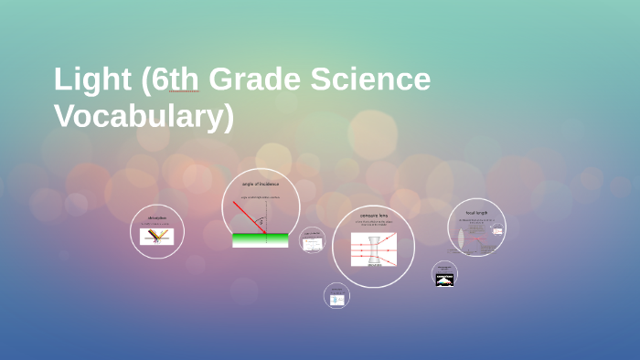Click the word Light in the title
click(x=92, y=80)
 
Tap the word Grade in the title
click(x=264, y=80)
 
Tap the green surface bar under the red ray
click(x=261, y=240)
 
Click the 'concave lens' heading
click(x=373, y=216)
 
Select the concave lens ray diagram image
click(x=373, y=249)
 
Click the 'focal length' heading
click(x=477, y=212)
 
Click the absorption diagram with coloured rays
click(x=157, y=237)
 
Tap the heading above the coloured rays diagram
click(x=157, y=218)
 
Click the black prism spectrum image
click(x=444, y=280)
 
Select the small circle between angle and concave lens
click(x=312, y=240)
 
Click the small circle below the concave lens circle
click(x=336, y=295)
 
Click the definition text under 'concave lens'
click(x=373, y=224)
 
